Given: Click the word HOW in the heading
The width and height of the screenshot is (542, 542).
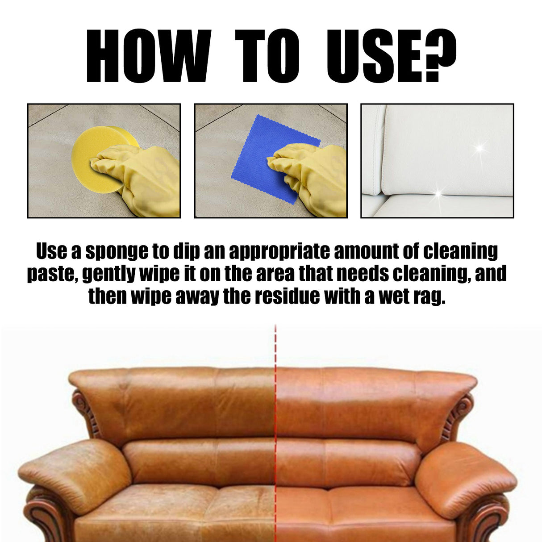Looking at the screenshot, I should tap(148, 56).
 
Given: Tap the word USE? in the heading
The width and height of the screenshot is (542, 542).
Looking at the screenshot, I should tap(391, 56).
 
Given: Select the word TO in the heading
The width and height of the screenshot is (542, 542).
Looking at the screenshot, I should tap(267, 56).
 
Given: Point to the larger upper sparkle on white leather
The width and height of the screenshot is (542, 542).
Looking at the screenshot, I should tap(479, 147).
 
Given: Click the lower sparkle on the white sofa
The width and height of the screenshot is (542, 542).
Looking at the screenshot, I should tap(438, 193).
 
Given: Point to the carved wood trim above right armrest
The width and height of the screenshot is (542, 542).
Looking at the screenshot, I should tap(460, 413).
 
